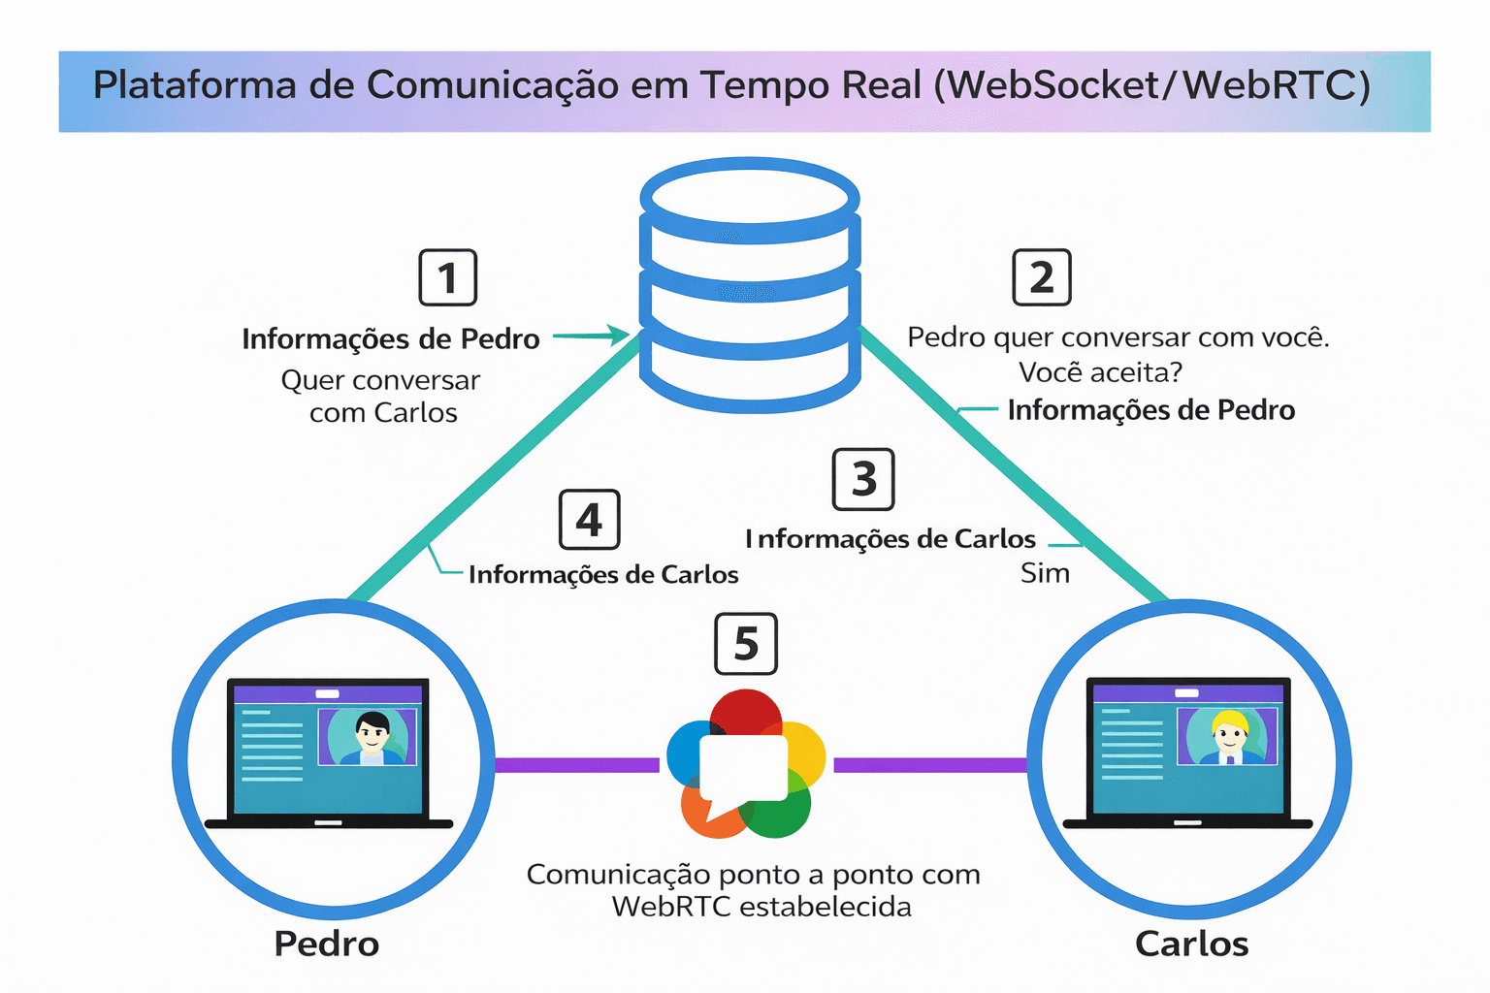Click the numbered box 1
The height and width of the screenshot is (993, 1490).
point(447,277)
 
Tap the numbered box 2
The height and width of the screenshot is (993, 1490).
point(1041,277)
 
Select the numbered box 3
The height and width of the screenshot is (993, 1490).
point(863,479)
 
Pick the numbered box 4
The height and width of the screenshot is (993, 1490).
point(589,520)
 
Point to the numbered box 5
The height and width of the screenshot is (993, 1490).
point(745,643)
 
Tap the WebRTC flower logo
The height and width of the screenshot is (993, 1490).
point(745,764)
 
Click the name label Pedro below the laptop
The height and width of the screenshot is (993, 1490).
point(326,944)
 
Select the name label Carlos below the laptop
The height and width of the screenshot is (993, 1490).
point(1191,944)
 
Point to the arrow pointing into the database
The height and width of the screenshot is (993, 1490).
point(592,336)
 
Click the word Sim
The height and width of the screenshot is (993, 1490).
point(1045,573)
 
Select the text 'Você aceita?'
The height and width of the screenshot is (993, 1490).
point(1100,372)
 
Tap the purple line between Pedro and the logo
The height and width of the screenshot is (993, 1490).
point(577,765)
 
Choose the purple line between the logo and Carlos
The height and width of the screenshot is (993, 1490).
point(929,765)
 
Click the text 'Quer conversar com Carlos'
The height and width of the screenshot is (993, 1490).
point(381,396)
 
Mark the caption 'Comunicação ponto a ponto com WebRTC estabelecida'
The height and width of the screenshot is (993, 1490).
point(754,890)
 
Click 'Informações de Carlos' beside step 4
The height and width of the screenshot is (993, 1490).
point(603,575)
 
